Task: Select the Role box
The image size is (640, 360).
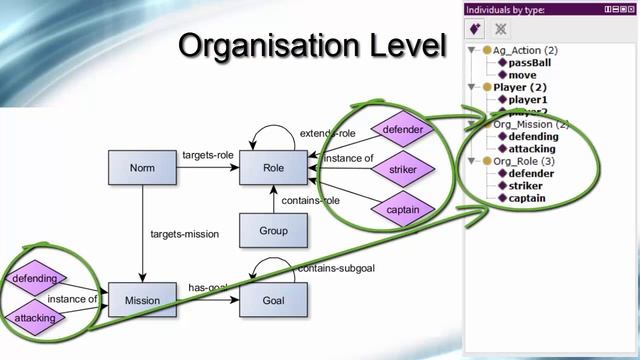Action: point(272,170)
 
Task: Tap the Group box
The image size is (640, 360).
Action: point(272,231)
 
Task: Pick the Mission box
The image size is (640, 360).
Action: point(142,300)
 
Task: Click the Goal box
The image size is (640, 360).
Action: point(272,300)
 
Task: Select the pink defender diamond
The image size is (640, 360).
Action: point(403,130)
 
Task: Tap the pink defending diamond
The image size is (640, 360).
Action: point(34,278)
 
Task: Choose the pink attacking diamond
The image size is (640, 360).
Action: point(34,318)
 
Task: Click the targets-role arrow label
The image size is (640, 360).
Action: point(207,156)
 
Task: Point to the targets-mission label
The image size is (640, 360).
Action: point(184,235)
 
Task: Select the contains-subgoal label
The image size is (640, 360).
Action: point(335,268)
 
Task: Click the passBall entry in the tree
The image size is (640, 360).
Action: point(529,62)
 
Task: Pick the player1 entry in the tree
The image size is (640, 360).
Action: point(528,100)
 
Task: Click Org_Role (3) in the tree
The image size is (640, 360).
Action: point(524,161)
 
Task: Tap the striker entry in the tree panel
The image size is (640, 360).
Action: point(526,186)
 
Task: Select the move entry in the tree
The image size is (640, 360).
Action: point(521,75)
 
